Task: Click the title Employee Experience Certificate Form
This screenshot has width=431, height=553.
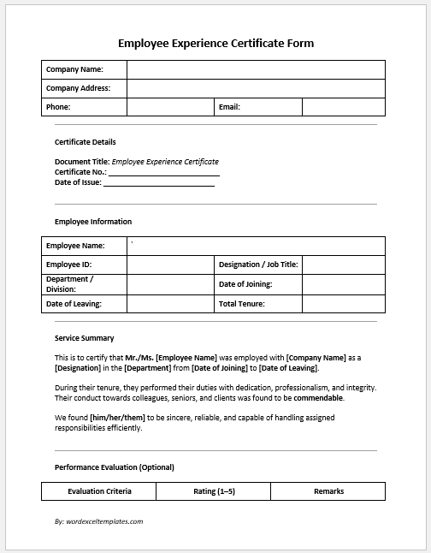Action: (215, 43)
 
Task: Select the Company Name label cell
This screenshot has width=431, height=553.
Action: (84, 69)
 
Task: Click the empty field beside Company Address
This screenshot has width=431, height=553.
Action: (256, 88)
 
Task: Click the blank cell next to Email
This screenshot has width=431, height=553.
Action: (343, 107)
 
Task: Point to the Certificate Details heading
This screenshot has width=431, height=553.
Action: (85, 142)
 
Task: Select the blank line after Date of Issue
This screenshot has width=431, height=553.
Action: (158, 182)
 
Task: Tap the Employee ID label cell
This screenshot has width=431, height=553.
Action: (84, 265)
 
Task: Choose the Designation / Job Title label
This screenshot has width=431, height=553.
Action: (258, 265)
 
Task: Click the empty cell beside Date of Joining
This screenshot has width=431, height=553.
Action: (343, 284)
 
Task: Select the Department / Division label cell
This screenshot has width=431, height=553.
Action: (84, 284)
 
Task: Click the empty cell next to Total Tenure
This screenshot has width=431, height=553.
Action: (343, 304)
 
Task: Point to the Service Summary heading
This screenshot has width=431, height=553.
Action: (84, 338)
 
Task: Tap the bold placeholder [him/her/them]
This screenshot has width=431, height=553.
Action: (118, 418)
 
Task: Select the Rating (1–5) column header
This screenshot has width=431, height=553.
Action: (214, 491)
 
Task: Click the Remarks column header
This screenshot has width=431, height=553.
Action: (328, 491)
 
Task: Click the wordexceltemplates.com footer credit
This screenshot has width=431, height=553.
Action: (98, 520)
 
